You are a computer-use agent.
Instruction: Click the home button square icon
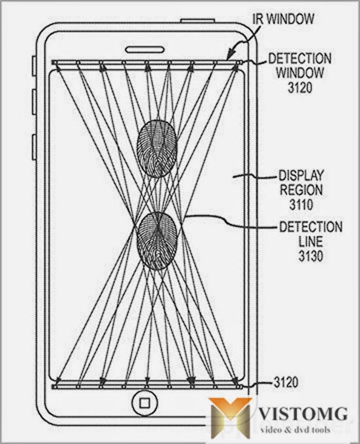145,403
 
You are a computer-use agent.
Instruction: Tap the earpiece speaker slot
145,50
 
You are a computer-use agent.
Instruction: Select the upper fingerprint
157,149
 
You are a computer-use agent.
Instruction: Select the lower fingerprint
157,240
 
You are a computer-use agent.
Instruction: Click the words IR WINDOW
283,19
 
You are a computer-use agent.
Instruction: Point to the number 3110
301,204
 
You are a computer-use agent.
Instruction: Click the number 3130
311,256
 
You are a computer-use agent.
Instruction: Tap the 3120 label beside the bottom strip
285,382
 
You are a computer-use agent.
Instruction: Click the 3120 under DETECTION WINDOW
300,87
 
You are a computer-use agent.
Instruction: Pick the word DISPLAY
301,176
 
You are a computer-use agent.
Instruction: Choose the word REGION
301,190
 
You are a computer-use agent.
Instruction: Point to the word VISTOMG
303,415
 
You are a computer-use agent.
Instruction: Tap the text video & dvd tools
295,430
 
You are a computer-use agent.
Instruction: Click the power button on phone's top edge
197,20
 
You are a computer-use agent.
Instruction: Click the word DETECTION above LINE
311,227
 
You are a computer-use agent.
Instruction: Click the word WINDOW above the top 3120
300,73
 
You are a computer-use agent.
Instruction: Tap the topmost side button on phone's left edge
34,66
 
